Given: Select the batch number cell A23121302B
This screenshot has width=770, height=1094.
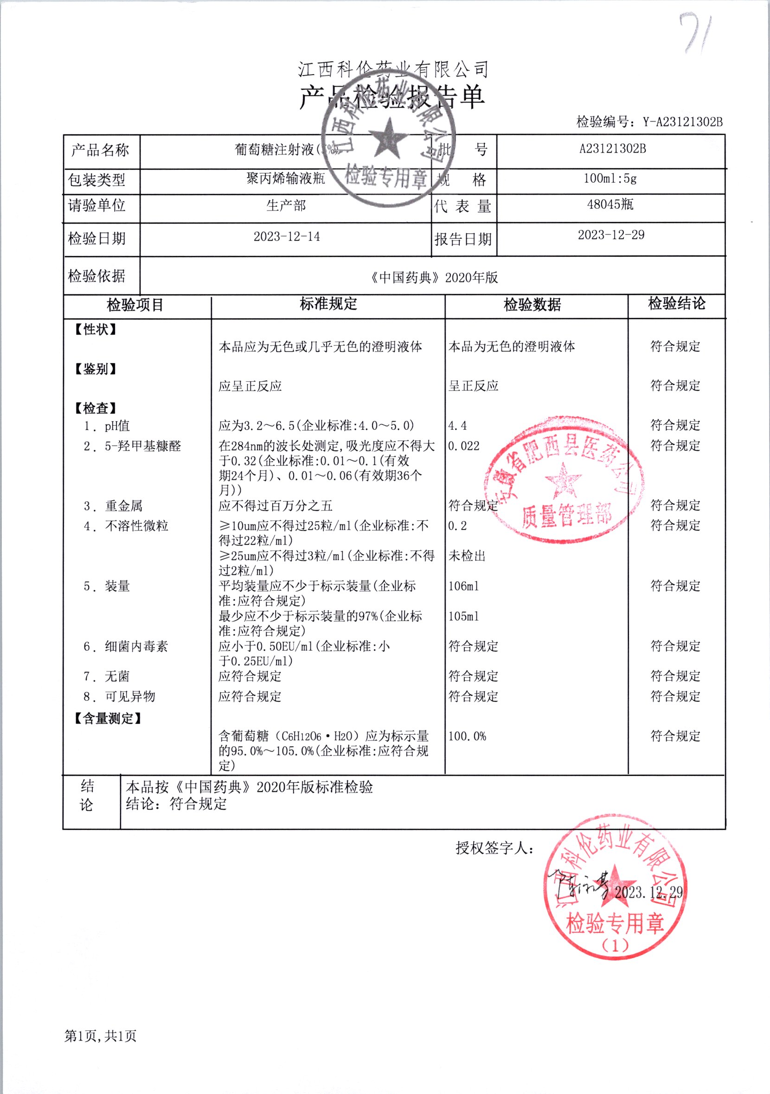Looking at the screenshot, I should click(612, 149).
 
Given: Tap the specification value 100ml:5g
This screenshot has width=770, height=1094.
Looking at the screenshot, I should click(610, 179).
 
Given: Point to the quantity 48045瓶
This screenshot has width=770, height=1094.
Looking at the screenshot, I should click(610, 205).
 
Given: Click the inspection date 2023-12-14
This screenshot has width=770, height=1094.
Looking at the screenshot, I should click(286, 237).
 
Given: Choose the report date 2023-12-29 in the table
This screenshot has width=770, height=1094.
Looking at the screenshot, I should click(611, 235).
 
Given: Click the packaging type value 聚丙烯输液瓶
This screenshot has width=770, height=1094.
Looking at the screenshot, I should click(285, 179).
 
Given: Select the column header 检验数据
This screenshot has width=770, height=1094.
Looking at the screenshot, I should click(532, 305).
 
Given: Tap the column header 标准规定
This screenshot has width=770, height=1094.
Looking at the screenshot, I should click(328, 303).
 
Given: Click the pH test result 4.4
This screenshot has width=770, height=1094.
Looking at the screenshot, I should click(457, 426).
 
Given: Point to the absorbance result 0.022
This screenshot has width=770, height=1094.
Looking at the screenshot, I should click(463, 446).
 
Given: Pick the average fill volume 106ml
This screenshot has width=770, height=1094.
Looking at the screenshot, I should click(463, 586).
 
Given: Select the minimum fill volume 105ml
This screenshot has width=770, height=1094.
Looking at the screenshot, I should click(463, 616).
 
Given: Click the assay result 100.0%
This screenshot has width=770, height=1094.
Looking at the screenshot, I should click(467, 736).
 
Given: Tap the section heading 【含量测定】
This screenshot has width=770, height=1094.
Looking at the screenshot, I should click(108, 718).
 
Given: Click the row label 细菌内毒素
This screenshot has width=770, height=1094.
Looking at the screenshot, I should click(136, 646).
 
